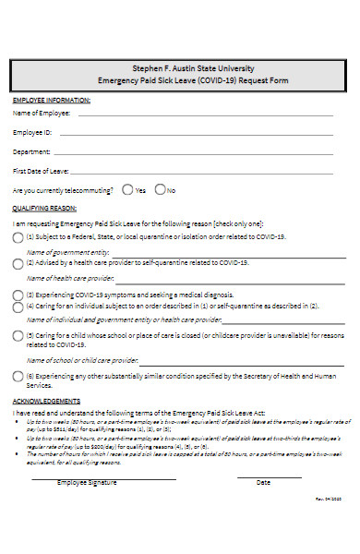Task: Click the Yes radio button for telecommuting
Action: click(126, 190)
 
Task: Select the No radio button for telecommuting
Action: click(160, 190)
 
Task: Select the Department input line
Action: click(194, 153)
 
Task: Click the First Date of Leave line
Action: click(203, 173)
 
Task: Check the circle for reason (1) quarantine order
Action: click(18, 237)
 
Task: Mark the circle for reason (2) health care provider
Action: click(18, 263)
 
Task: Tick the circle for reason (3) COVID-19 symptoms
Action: click(18, 295)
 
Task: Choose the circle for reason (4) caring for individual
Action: click(18, 306)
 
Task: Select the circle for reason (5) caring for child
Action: click(18, 336)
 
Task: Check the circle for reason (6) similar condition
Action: click(18, 377)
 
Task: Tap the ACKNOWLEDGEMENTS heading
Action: click(46, 402)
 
